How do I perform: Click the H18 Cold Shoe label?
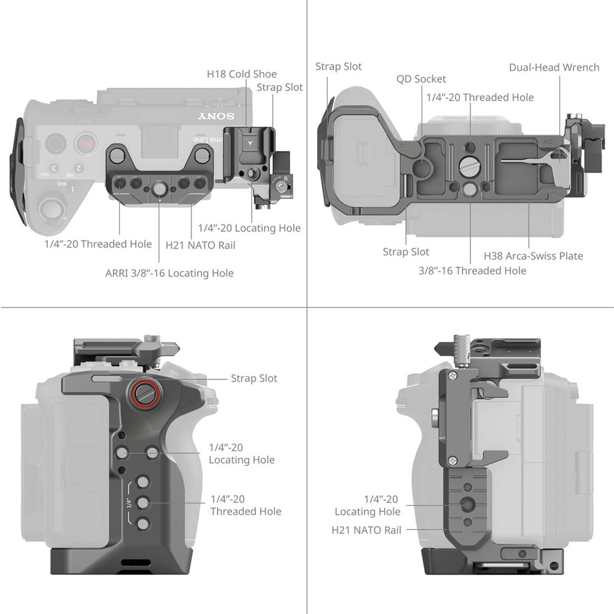click(x=241, y=74)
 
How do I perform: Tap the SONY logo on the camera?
click(x=217, y=116)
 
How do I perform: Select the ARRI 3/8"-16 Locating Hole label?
click(x=169, y=273)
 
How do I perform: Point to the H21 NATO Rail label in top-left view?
click(x=200, y=245)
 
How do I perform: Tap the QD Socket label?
click(x=421, y=79)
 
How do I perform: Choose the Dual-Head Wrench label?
click(x=554, y=68)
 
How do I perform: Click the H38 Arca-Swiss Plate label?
click(x=533, y=256)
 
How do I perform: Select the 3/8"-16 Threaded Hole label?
click(x=472, y=271)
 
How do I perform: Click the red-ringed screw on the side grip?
click(x=145, y=392)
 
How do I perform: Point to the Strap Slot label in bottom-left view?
click(x=253, y=379)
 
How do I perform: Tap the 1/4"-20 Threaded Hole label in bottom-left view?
click(x=245, y=505)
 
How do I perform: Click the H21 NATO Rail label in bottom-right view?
click(x=366, y=530)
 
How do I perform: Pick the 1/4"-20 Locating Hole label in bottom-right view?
click(x=367, y=505)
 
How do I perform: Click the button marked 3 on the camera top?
click(x=53, y=168)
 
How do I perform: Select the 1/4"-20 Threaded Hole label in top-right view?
click(x=480, y=97)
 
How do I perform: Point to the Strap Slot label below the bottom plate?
click(x=406, y=252)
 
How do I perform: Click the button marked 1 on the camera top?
click(x=73, y=189)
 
